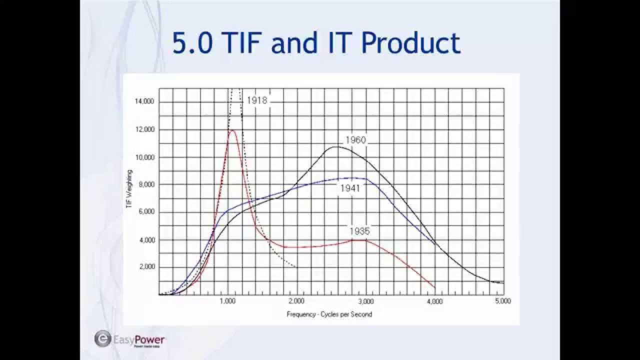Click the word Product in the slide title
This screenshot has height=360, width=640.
tap(410, 43)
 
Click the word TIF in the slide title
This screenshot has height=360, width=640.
tap(238, 43)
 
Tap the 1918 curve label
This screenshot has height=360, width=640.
tap(257, 100)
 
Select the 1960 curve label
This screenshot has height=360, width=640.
tap(355, 140)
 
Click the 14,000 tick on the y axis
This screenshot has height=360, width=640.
tap(144, 101)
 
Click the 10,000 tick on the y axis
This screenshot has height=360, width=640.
tap(144, 157)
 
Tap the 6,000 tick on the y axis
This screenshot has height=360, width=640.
tap(146, 212)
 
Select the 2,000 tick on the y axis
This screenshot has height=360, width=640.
tap(146, 267)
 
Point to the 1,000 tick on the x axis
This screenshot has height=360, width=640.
tap(227, 301)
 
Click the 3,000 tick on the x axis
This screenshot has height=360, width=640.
tap(366, 301)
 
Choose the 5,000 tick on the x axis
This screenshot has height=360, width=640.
tap(503, 301)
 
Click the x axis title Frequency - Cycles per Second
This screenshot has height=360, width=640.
tap(329, 314)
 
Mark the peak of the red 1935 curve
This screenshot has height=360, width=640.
tap(232, 130)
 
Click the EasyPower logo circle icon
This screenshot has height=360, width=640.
tap(102, 338)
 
